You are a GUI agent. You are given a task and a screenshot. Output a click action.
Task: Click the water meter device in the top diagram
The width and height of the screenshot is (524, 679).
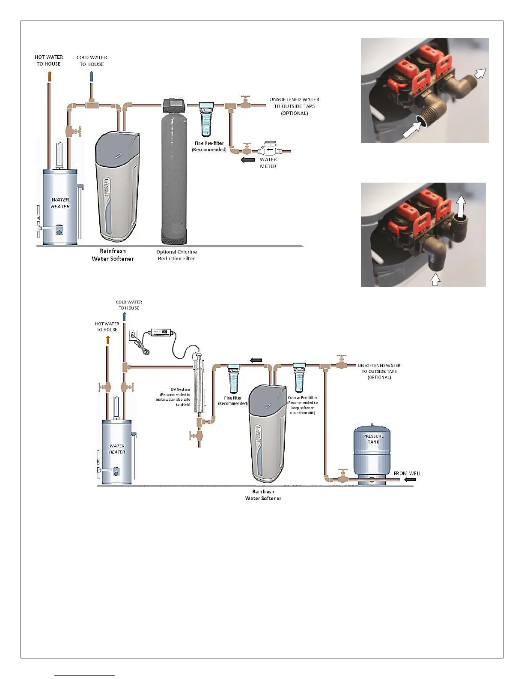(268, 150)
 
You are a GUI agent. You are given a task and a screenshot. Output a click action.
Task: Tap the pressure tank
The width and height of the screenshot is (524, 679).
(372, 452)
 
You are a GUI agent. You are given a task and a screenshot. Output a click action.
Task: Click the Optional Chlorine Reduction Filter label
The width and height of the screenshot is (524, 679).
(176, 255)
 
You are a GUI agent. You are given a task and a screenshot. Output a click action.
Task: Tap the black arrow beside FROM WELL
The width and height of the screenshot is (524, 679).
(410, 479)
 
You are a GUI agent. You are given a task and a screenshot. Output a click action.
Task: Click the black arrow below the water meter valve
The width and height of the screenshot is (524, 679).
(248, 160)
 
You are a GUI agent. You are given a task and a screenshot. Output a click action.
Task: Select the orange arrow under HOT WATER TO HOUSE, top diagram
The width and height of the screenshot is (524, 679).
(49, 76)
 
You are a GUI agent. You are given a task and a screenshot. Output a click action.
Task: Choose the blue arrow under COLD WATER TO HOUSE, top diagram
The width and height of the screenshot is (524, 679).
(91, 76)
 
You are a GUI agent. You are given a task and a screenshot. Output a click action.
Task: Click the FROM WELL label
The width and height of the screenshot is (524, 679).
(407, 473)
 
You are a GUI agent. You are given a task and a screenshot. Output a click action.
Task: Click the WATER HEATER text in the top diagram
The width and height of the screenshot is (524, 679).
(60, 203)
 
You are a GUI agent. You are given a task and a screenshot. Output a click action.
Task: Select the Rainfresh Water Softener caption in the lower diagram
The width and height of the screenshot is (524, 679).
(263, 495)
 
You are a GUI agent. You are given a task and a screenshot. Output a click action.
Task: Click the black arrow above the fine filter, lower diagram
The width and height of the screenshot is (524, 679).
(256, 360)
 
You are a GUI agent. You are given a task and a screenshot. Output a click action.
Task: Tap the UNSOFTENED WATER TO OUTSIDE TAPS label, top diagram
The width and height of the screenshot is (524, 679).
(294, 106)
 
